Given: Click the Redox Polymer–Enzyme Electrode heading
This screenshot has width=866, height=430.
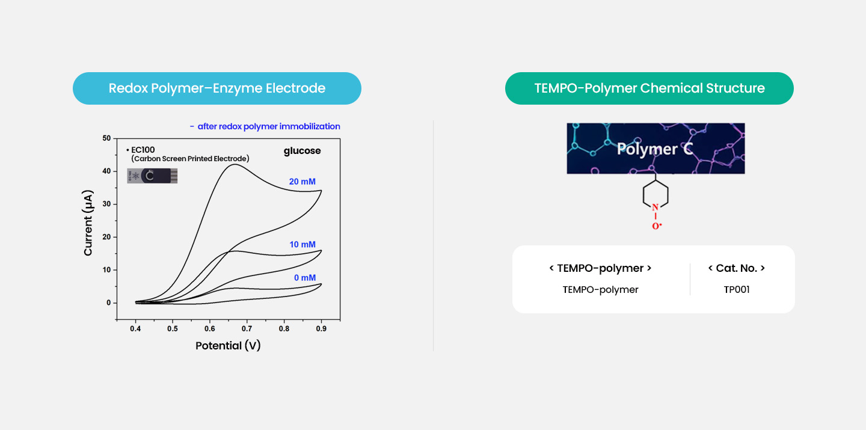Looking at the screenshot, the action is click(217, 88).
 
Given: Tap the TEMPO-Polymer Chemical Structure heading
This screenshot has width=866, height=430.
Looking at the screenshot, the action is click(649, 88).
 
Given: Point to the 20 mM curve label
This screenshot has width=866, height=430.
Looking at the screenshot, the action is click(302, 182).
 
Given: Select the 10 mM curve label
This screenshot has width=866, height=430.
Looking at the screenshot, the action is click(302, 244).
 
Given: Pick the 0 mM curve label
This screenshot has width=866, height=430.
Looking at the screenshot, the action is click(305, 278).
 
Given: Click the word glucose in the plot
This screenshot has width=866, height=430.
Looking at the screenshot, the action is click(302, 151).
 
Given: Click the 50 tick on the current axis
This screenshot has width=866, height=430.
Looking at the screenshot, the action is click(106, 138).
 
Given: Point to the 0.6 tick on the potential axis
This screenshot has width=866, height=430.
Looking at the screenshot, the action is click(209, 329).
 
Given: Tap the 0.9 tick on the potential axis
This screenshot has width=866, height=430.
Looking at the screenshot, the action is click(321, 329).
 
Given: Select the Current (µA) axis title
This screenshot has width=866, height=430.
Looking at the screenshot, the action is click(88, 223).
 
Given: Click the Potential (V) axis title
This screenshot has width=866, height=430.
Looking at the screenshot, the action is click(228, 345).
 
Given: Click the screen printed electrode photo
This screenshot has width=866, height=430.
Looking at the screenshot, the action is click(152, 176).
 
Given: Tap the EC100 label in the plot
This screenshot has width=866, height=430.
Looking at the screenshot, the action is click(143, 150).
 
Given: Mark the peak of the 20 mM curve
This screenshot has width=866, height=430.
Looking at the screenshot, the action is click(235, 164).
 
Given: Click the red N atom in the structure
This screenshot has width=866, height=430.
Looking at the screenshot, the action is click(655, 207).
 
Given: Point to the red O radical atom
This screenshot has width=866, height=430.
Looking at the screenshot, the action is click(657, 226).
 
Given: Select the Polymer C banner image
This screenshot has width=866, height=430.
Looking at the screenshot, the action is click(656, 149).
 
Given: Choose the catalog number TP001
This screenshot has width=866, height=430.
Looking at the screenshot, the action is click(737, 290).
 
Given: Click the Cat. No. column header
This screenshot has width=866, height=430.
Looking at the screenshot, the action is click(737, 268).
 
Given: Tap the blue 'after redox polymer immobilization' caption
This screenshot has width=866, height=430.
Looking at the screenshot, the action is click(265, 126).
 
